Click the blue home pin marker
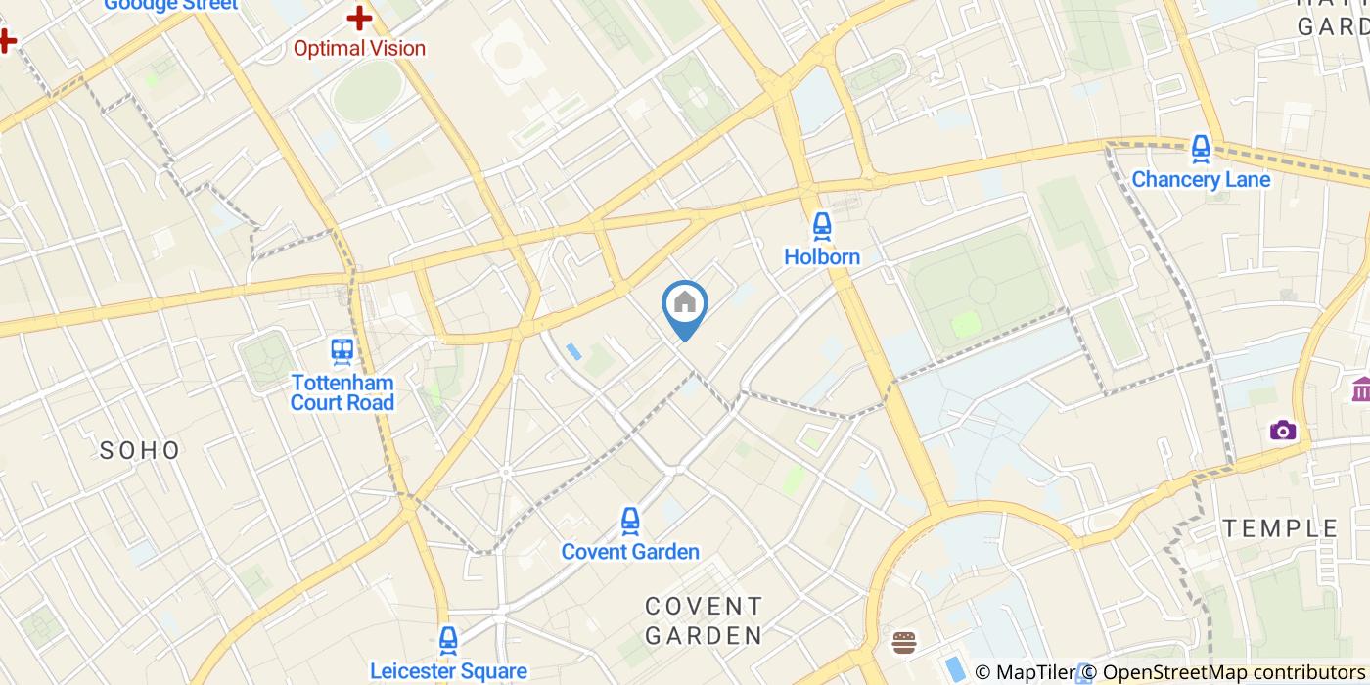click(x=685, y=304)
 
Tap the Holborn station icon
click(x=822, y=228)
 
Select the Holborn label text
click(x=822, y=257)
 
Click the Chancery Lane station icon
click(x=1201, y=150)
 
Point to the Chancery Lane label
click(x=1201, y=180)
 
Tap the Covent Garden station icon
click(x=630, y=522)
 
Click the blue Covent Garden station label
click(x=630, y=552)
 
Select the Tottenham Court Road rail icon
click(x=342, y=351)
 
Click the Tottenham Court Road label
click(x=342, y=392)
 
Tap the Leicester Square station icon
click(x=448, y=641)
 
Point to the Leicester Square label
click(x=448, y=671)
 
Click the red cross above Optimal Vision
click(x=360, y=18)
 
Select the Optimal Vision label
click(x=360, y=48)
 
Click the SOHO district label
click(x=141, y=450)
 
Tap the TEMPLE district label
click(x=1281, y=528)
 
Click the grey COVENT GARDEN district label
click(x=704, y=620)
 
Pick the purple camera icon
click(x=1282, y=431)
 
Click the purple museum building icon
click(x=1360, y=388)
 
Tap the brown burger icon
click(x=904, y=643)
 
